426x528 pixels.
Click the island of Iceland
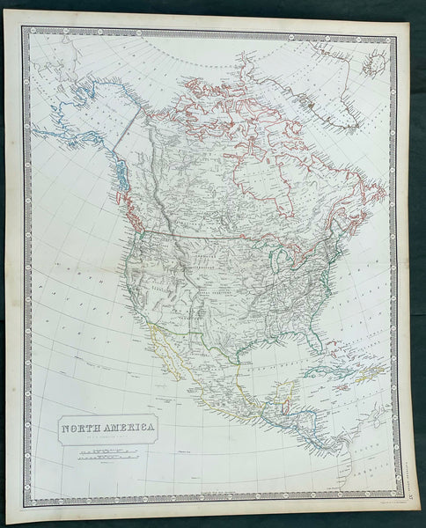[x=376, y=62]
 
